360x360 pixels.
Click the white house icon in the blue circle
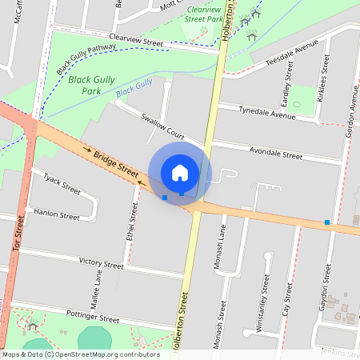pos(180,172)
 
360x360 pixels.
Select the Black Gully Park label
pos(90,86)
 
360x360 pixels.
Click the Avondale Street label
pos(276,153)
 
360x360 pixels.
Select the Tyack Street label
pos(62,185)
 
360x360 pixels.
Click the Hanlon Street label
pos(57,215)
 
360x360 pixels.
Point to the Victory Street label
pos(102,262)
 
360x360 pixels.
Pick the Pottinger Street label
pos(92,314)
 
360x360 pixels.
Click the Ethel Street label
pos(132,225)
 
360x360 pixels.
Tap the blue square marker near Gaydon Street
pos(327,222)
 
